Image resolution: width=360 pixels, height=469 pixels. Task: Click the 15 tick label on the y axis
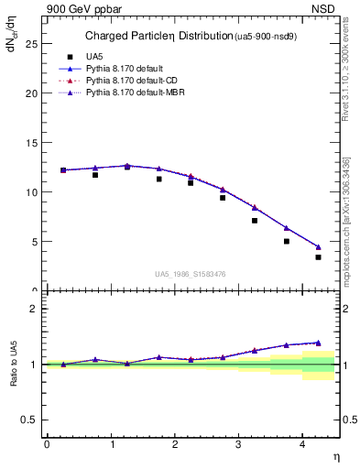pos(30,143)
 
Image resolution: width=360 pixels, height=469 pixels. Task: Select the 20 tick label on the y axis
pos(30,93)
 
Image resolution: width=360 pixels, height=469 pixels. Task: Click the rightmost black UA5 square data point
pos(319,257)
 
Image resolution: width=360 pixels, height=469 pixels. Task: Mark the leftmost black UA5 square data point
pos(63,170)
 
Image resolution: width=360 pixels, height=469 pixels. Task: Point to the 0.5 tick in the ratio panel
pos(29,420)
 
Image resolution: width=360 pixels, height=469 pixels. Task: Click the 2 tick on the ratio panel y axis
pos(33,309)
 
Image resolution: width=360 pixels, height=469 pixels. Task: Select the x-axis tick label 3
pos(239,443)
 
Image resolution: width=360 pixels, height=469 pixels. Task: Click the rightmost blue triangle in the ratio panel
pos(319,343)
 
